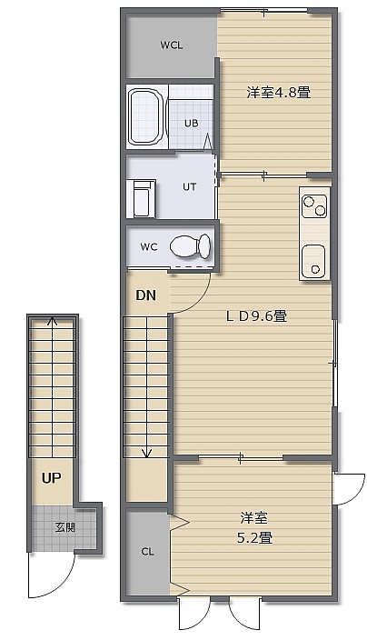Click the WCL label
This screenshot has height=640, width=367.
(172, 45)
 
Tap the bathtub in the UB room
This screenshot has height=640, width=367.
(146, 117)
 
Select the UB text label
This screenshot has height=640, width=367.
(192, 123)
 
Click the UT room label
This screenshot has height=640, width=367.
(189, 187)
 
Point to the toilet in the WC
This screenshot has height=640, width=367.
(191, 246)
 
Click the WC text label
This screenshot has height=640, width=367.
(149, 247)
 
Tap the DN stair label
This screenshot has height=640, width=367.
(146, 295)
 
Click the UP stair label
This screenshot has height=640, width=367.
(52, 477)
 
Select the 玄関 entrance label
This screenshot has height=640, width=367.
(65, 527)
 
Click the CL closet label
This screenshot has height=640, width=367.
(147, 552)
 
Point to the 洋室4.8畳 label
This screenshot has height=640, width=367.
(279, 92)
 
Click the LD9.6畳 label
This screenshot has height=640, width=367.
(256, 315)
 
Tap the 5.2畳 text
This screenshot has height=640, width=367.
(255, 537)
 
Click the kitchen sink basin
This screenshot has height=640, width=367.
(313, 260)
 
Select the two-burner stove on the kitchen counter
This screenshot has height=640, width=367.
(314, 206)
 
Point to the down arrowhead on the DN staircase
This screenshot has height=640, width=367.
(146, 453)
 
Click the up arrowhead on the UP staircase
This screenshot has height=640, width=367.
(52, 321)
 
